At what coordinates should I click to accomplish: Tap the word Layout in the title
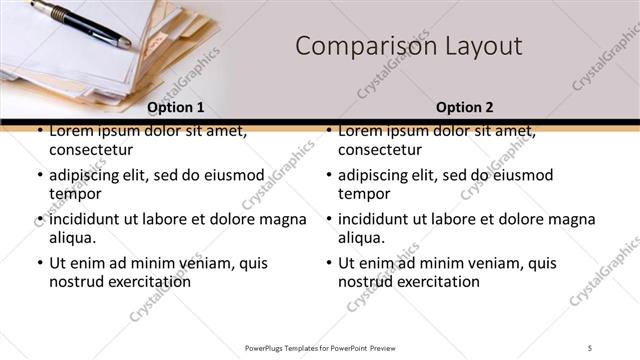[x=485, y=46]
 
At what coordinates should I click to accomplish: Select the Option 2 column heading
[x=464, y=107]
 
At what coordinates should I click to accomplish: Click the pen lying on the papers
[x=80, y=22]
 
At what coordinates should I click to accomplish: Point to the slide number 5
[x=590, y=347]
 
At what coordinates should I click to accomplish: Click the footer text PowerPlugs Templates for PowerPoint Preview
[x=320, y=347]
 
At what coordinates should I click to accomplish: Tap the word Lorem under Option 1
[x=71, y=130]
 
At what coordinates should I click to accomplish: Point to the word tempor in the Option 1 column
[x=74, y=193]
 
